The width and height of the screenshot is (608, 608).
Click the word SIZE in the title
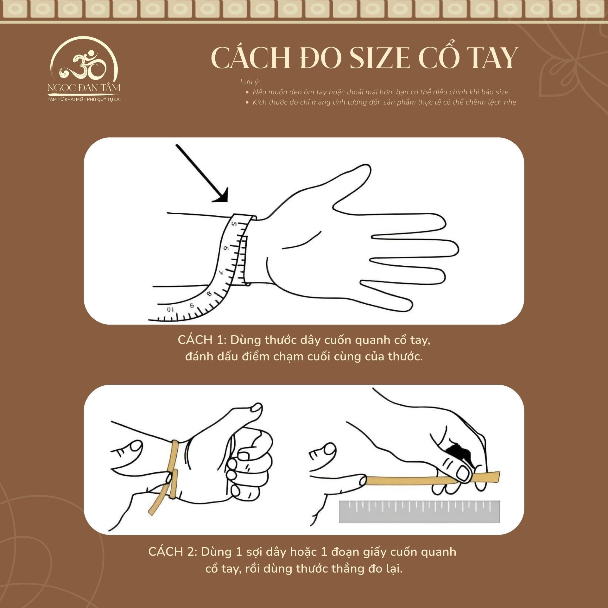[380, 58]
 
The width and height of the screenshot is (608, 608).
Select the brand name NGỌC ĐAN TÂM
[84, 88]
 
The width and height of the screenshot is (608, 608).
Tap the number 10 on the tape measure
[170, 309]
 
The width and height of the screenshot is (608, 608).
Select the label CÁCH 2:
[173, 552]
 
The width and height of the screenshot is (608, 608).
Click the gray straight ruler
[420, 511]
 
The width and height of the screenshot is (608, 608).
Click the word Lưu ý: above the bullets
[250, 82]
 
